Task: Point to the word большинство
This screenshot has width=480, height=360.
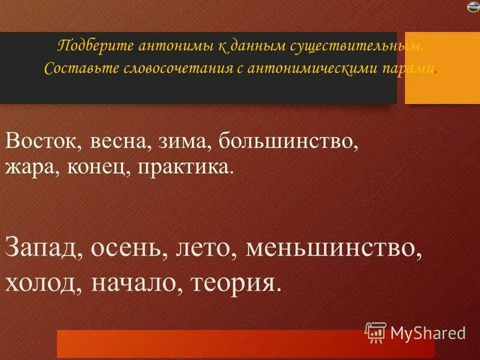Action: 289,143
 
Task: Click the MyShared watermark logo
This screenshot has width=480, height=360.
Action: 415,332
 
